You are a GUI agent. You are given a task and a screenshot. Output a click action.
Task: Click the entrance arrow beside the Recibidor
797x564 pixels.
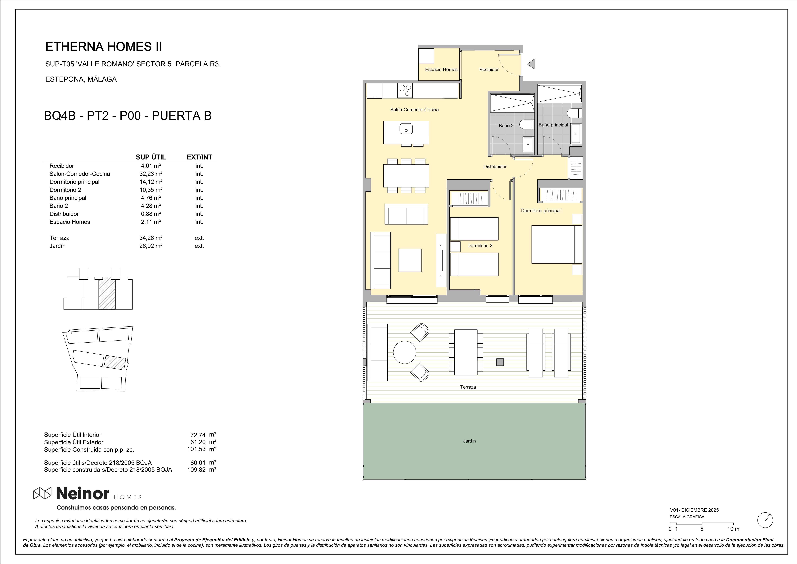tap(531, 64)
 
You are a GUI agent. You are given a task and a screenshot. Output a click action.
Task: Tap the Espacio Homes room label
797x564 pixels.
tap(441, 69)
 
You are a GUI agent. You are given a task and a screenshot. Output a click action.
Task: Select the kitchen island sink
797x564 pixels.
tap(406, 129)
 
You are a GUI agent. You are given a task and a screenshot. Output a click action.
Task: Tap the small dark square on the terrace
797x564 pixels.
tap(500, 362)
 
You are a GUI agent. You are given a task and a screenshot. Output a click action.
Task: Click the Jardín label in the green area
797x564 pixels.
tap(469, 441)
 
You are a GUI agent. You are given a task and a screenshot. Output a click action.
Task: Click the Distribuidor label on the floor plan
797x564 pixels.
tap(495, 166)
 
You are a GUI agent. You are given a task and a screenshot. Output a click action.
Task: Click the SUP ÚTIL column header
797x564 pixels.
tap(151, 157)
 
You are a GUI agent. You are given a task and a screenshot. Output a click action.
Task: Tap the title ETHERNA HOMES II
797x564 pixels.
tap(104, 47)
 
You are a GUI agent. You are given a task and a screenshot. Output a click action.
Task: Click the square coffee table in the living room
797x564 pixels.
tap(410, 260)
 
